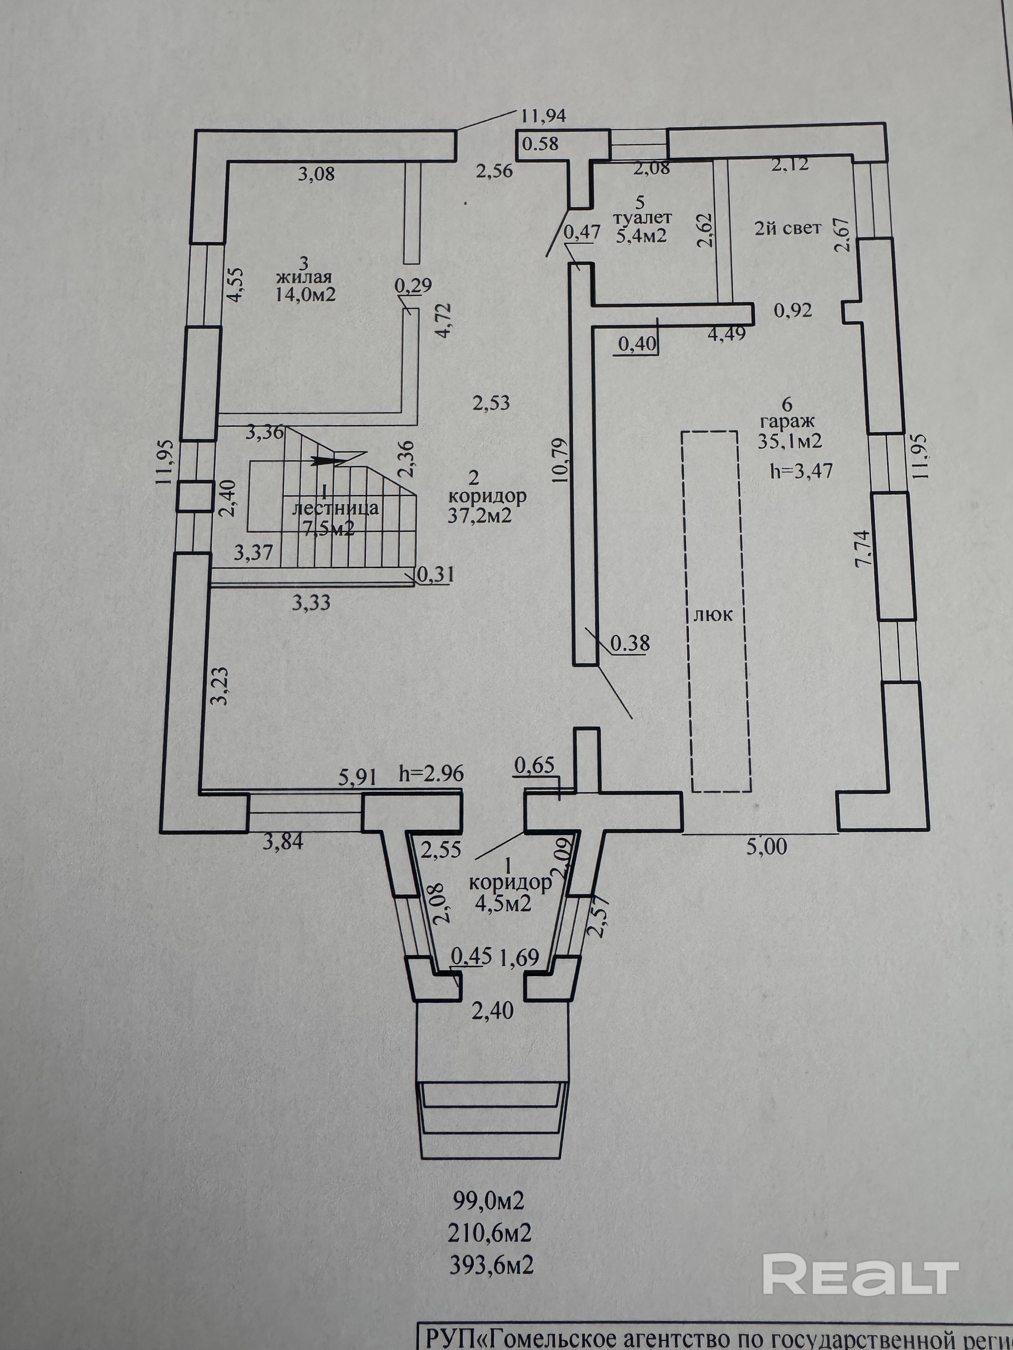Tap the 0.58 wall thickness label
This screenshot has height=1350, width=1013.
point(540,144)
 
